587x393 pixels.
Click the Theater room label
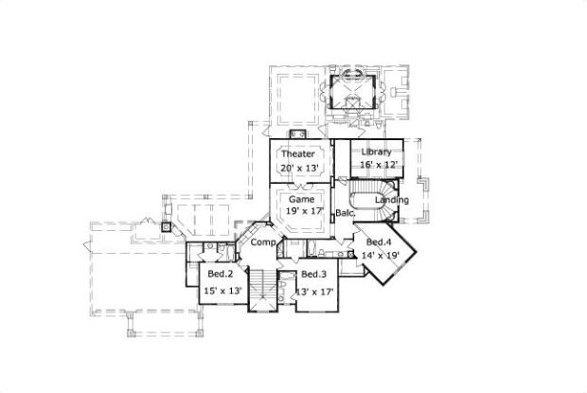click(297, 153)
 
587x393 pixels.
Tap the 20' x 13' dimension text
click(297, 168)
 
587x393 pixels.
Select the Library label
click(376, 152)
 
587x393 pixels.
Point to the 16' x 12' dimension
click(376, 165)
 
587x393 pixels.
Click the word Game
click(301, 201)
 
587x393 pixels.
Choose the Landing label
click(392, 201)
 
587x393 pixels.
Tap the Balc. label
click(345, 214)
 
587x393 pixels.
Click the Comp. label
click(263, 243)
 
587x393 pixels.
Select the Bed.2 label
click(222, 275)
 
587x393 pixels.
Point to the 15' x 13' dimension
click(222, 291)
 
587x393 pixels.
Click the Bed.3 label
click(314, 275)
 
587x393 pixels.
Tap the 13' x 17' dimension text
click(315, 291)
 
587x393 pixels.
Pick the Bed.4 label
click(380, 242)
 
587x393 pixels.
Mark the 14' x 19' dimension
click(381, 256)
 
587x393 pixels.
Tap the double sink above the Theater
click(296, 134)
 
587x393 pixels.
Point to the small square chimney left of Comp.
click(166, 227)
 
